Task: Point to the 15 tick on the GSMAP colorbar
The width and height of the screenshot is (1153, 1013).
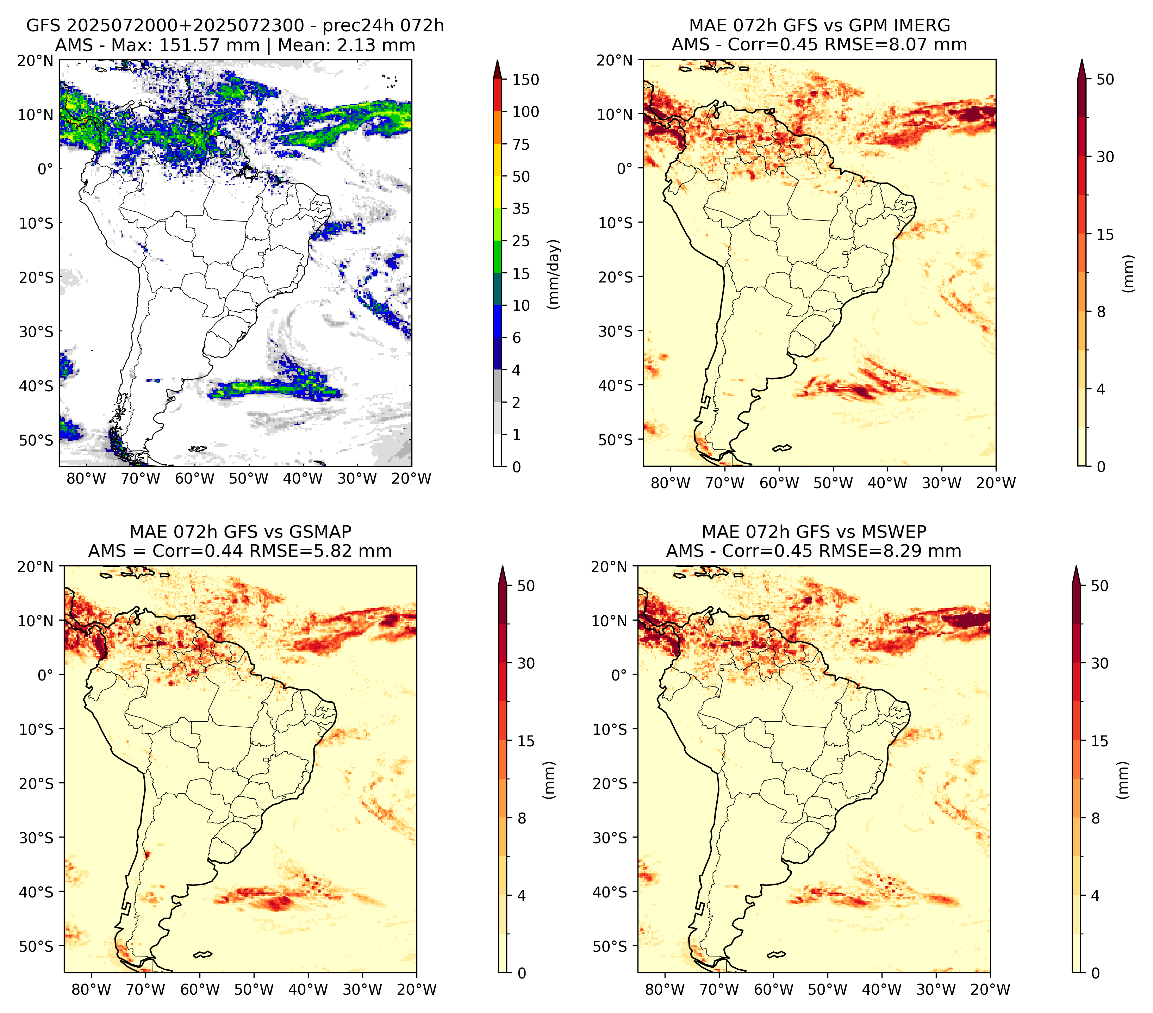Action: coord(526,741)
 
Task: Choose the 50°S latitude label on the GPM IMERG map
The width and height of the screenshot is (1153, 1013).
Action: coord(616,439)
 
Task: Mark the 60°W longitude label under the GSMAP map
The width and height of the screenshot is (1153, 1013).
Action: coord(200,989)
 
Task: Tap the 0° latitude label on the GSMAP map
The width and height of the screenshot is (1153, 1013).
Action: coord(46,675)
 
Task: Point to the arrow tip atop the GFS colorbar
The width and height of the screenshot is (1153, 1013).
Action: coord(497,60)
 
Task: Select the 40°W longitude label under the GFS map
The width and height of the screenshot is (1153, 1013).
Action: coord(303,478)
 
